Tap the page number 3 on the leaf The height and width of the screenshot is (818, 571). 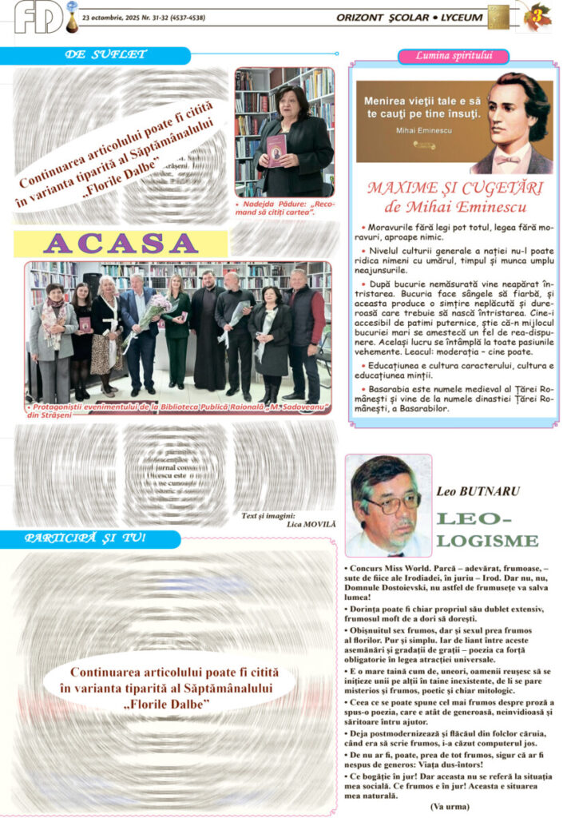coord(537,15)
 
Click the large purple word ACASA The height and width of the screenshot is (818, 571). coord(121,243)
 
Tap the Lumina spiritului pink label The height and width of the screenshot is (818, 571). coord(453,56)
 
